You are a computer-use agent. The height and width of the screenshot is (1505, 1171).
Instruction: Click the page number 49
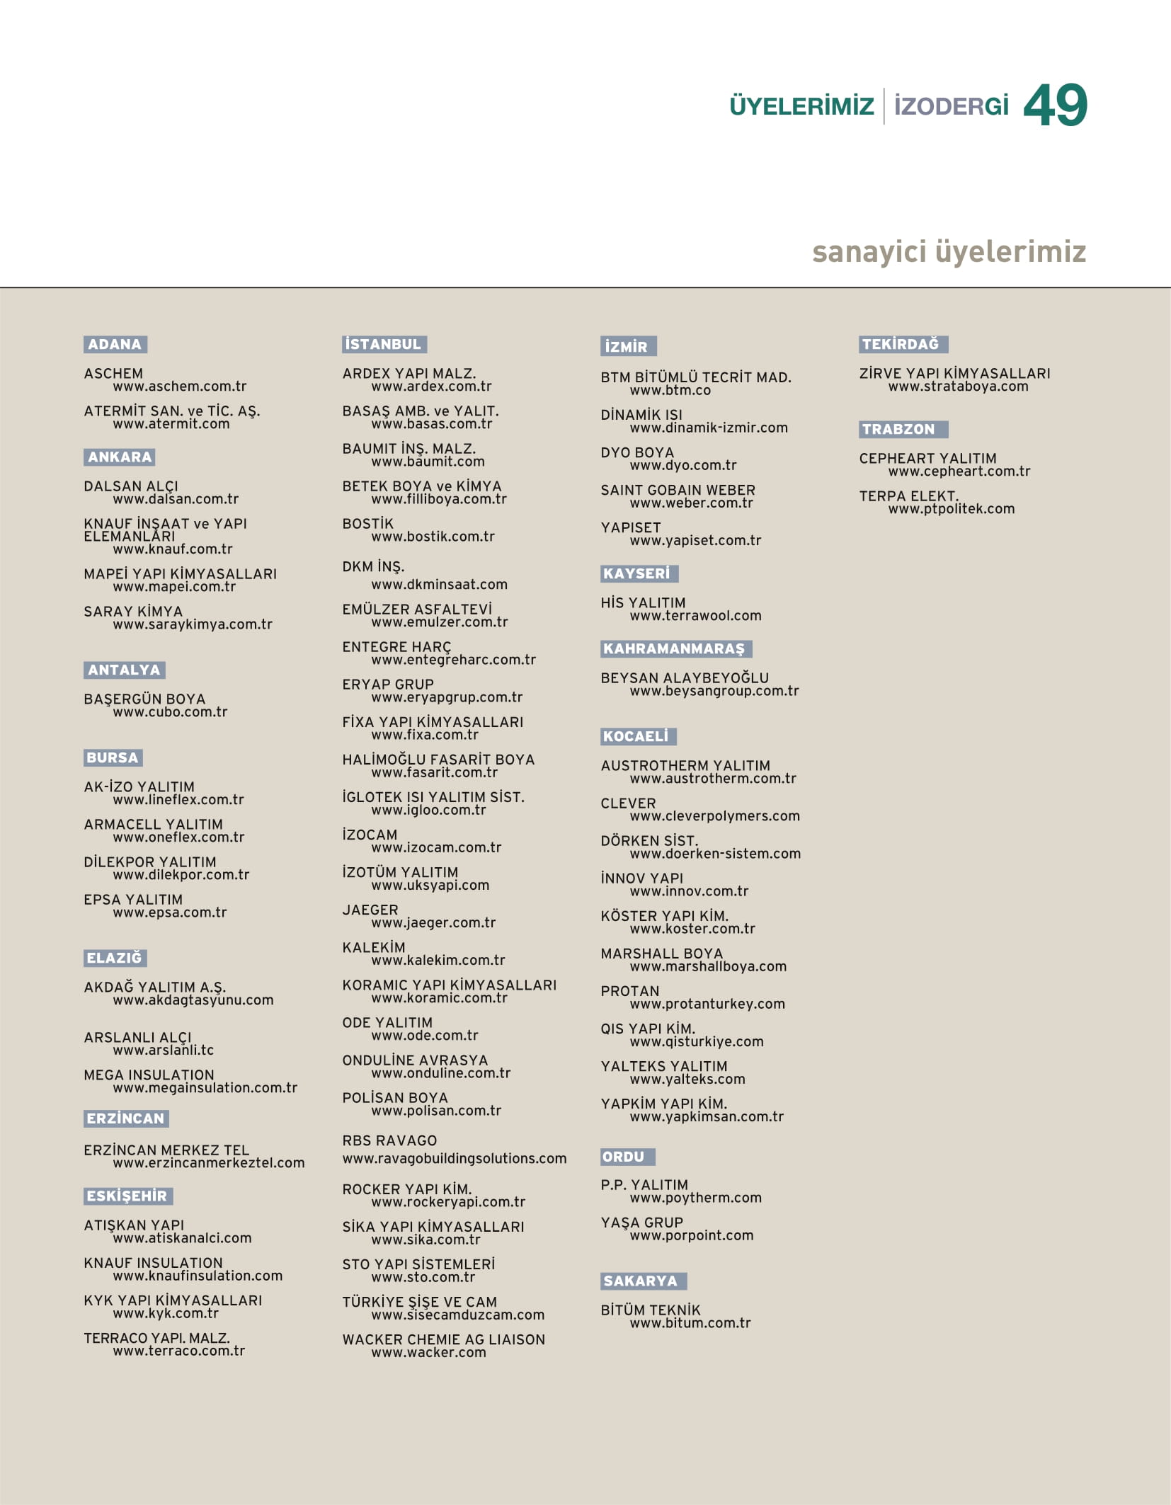[x=1055, y=105]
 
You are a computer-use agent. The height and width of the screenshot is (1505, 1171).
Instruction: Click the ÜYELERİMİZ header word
[x=801, y=107]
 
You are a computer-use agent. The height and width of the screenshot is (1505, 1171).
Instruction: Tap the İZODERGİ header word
[x=951, y=107]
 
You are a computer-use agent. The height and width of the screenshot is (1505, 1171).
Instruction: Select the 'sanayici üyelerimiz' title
[x=949, y=252]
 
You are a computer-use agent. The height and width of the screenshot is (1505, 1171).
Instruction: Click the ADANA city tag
[x=115, y=345]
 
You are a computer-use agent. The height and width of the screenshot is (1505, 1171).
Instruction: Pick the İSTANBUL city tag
[x=384, y=345]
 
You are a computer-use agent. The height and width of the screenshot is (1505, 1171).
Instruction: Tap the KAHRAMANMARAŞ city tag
[x=675, y=649]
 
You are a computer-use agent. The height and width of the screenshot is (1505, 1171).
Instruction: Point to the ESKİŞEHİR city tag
[x=127, y=1196]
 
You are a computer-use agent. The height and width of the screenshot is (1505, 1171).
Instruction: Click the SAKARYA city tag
[x=643, y=1281]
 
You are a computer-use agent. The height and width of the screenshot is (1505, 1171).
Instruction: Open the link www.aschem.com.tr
[x=180, y=387]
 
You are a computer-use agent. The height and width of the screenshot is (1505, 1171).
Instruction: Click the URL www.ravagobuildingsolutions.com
[x=455, y=1159]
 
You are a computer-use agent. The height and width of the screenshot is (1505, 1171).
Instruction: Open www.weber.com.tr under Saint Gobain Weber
[x=691, y=503]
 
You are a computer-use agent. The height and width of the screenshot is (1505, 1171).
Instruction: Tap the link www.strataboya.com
[x=958, y=387]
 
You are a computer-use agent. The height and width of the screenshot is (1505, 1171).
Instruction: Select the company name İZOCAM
[x=370, y=835]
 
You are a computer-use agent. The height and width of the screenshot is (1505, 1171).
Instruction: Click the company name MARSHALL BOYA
[x=661, y=954]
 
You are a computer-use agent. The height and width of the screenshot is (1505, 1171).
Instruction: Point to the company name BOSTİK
[x=367, y=524]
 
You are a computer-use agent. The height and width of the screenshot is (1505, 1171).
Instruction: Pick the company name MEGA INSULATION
[x=149, y=1075]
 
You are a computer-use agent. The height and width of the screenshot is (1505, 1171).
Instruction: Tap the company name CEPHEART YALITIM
[x=927, y=459]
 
